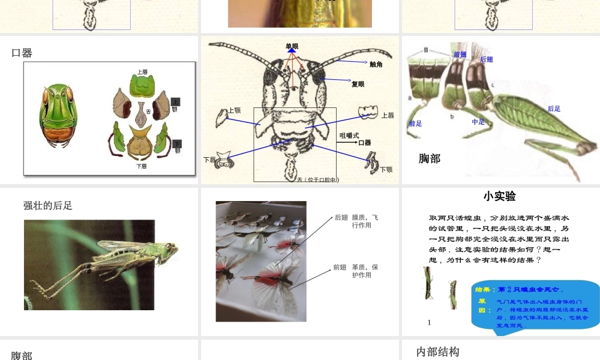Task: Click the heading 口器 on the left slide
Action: (22, 53)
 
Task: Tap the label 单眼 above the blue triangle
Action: (292, 46)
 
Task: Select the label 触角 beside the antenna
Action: (376, 64)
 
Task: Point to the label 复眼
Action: (358, 84)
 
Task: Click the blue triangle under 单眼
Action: (292, 52)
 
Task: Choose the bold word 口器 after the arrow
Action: (365, 143)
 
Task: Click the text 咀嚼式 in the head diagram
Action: (349, 135)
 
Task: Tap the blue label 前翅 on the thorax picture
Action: (460, 55)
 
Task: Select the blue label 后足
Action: (554, 109)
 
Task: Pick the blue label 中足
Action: (478, 122)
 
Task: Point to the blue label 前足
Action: (415, 124)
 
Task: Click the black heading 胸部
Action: (430, 158)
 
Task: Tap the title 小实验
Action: (500, 196)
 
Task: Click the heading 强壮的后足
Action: (48, 205)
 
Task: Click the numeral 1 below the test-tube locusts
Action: (430, 322)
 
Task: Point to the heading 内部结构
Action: (438, 352)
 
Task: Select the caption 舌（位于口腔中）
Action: (318, 179)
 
